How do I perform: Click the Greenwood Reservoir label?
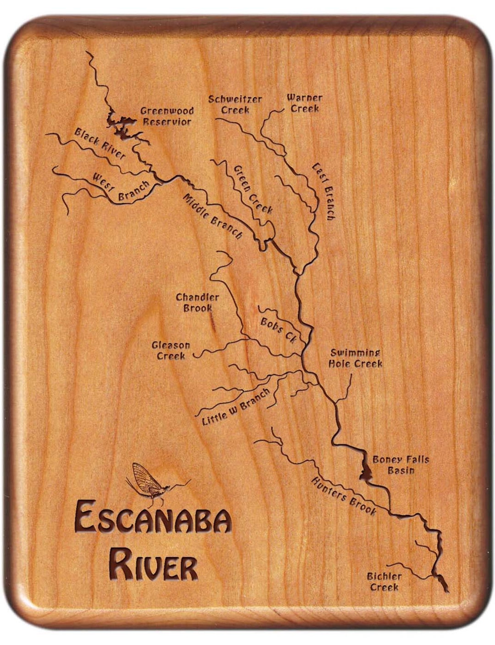tap(166, 116)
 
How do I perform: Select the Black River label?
tap(100, 143)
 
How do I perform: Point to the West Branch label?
tap(121, 187)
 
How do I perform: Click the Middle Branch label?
tap(213, 216)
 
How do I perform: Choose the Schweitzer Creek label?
tap(235, 104)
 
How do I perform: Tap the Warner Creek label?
tap(304, 103)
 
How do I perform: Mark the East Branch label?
tap(324, 191)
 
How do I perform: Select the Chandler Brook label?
tap(198, 303)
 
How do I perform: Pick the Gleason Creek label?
tap(171, 351)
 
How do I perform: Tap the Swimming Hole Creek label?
tap(355, 358)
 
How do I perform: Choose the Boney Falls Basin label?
tap(401, 464)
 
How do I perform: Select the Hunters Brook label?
tap(344, 496)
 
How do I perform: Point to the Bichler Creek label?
tap(384, 581)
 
